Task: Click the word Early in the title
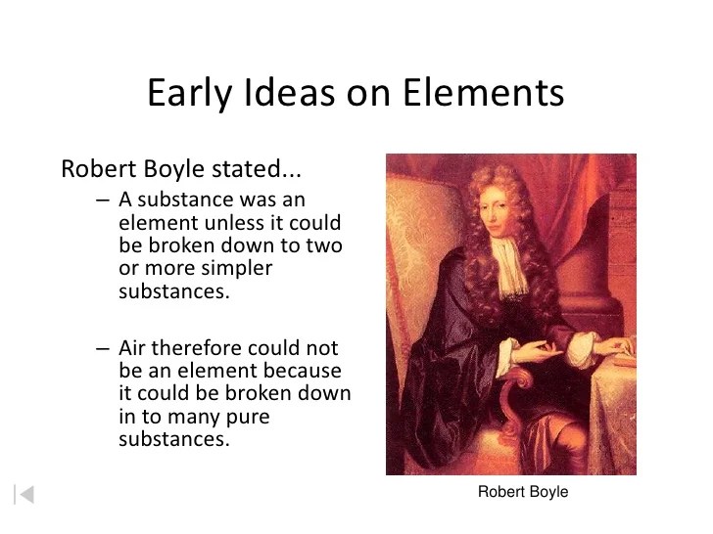(x=190, y=94)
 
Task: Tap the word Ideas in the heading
(x=290, y=92)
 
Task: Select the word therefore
(x=196, y=348)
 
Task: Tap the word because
(x=302, y=371)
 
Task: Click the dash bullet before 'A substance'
(x=103, y=200)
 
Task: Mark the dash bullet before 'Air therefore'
(x=103, y=349)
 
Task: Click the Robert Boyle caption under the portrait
(x=523, y=492)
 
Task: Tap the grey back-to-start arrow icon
(x=24, y=495)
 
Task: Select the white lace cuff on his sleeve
(x=580, y=350)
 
